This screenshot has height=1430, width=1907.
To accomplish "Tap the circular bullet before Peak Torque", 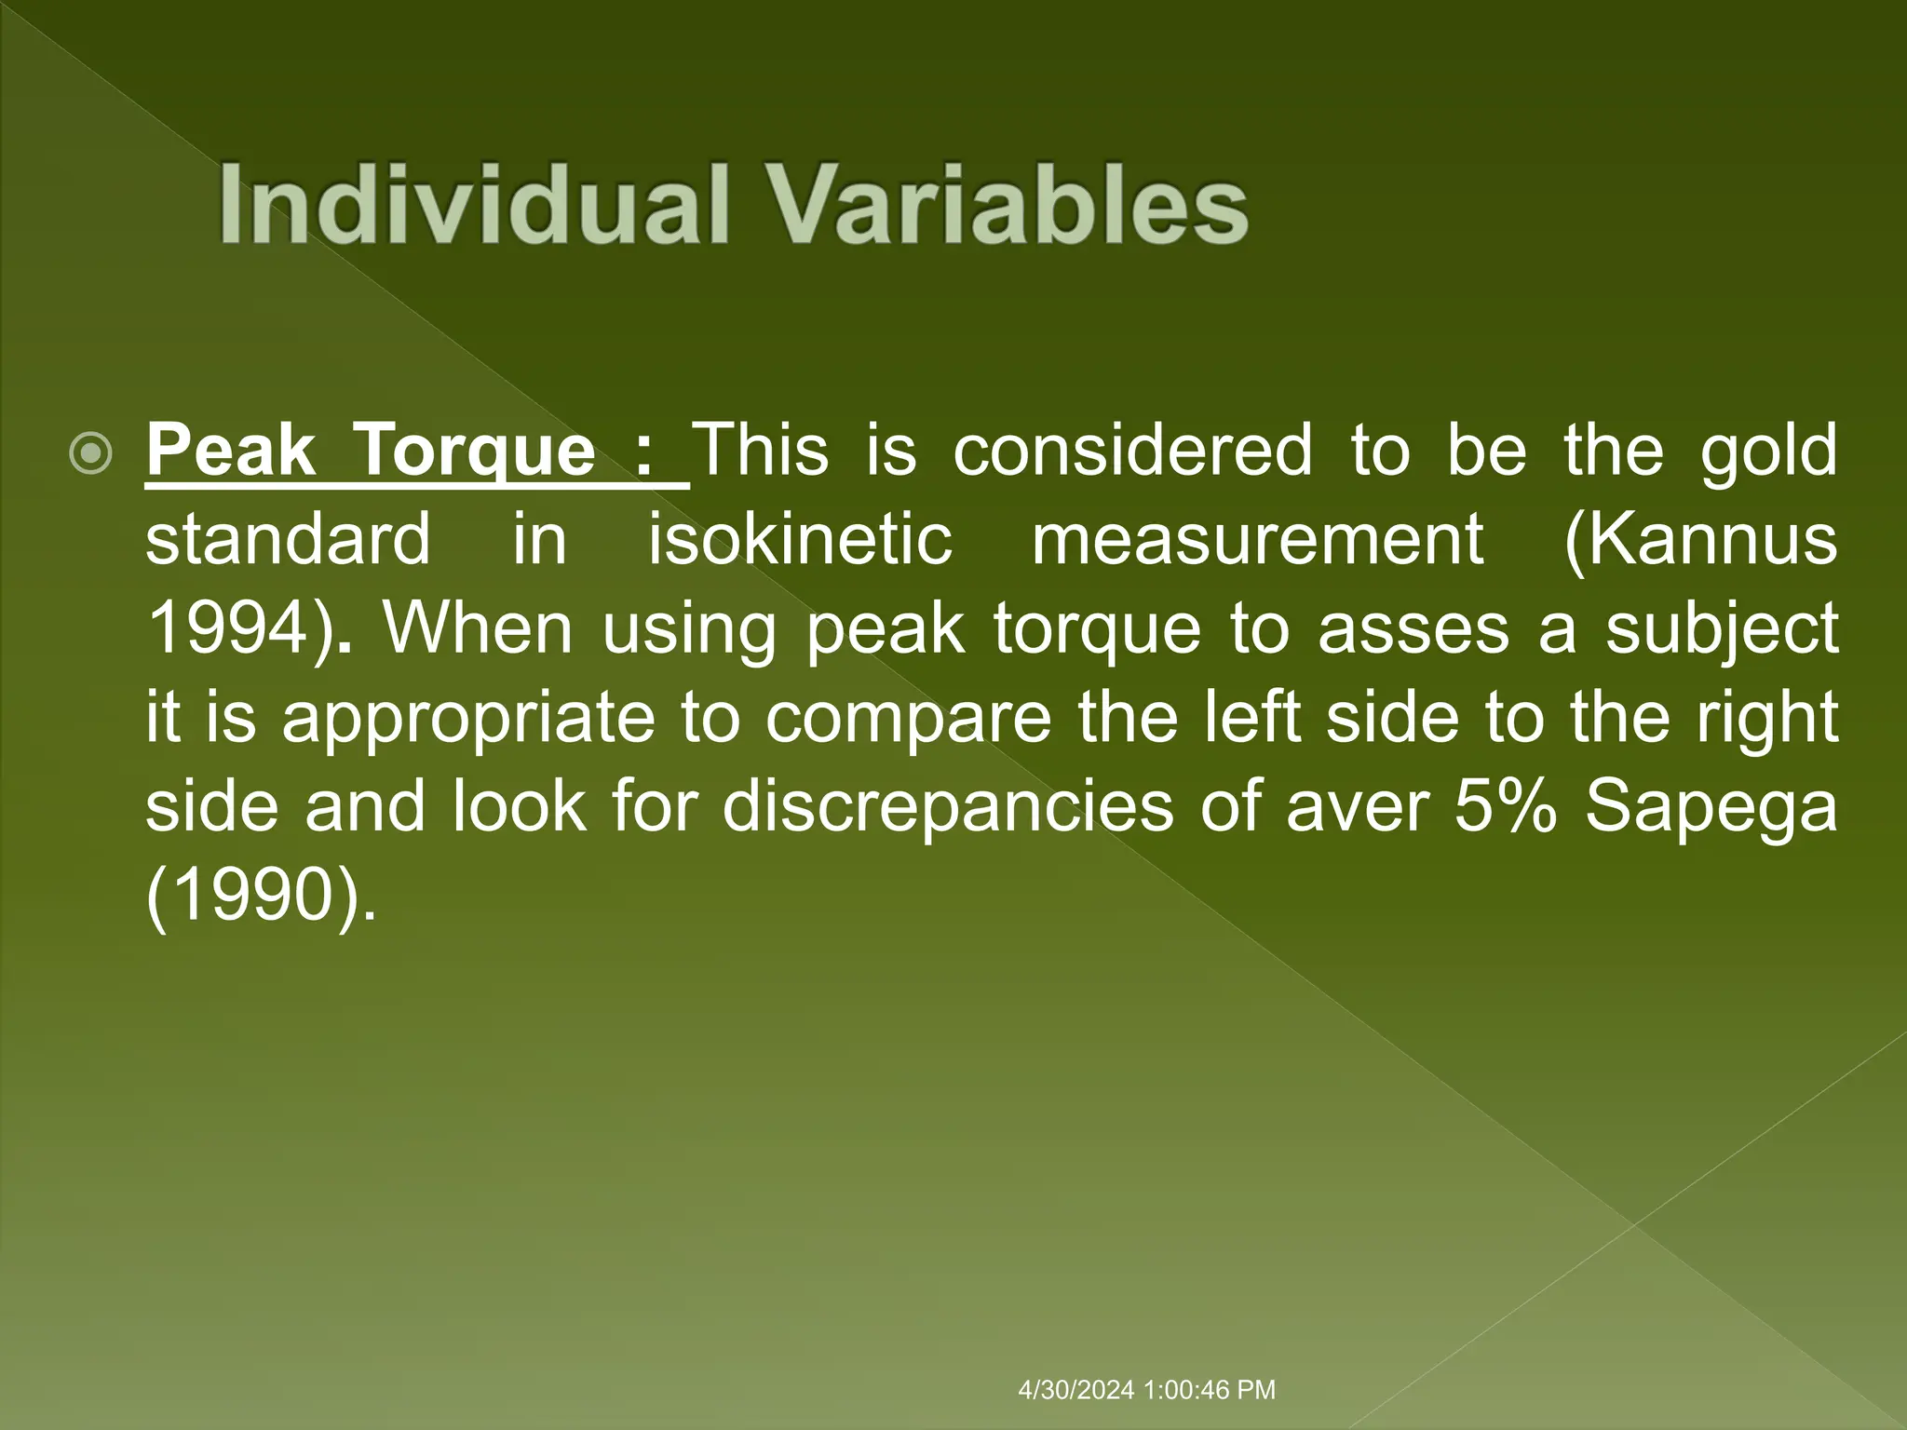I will click(91, 454).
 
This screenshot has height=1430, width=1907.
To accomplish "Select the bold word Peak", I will click(232, 451).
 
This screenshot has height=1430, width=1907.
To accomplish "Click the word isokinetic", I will click(800, 540).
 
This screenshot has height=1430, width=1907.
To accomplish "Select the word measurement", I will click(1258, 540).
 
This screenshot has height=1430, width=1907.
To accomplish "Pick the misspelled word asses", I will click(1413, 629).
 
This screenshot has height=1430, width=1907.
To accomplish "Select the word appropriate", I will click(468, 719).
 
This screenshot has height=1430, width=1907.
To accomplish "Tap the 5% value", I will click(1505, 806).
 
